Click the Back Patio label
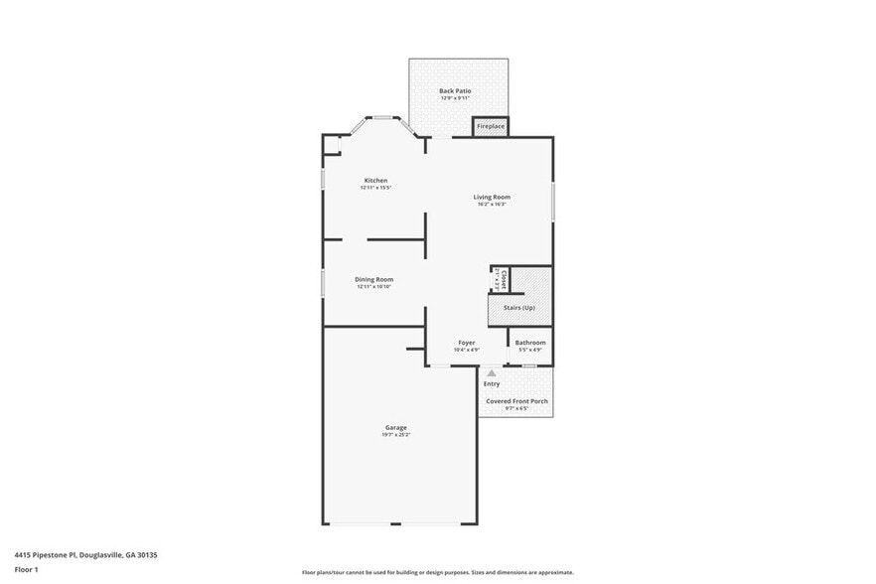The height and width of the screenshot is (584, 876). [x=455, y=90]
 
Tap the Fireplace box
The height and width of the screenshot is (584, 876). [x=491, y=127]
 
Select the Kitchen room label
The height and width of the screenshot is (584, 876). [x=375, y=180]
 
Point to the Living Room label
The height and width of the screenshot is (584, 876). [x=491, y=197]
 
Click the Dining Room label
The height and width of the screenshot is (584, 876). [x=374, y=279]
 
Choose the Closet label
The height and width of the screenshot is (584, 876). [x=505, y=279]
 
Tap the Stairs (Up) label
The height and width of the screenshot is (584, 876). [x=518, y=308]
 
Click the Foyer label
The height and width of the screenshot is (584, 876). [x=466, y=343]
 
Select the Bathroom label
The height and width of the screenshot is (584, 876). [x=529, y=343]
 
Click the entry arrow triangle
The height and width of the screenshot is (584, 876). [x=491, y=373]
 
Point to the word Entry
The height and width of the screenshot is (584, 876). [x=492, y=384]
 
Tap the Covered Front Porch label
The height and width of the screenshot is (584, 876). [x=516, y=401]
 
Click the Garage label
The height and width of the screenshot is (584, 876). [x=395, y=428]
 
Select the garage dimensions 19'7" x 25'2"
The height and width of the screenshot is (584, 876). [x=395, y=435]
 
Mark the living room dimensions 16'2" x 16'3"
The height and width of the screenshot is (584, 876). [x=491, y=204]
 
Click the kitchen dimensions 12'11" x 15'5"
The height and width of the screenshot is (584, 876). [x=375, y=187]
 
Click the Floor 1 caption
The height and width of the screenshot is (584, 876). [x=26, y=569]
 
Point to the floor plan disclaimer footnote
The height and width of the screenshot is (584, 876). [x=437, y=573]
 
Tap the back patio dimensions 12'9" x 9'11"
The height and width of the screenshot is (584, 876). [x=455, y=97]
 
